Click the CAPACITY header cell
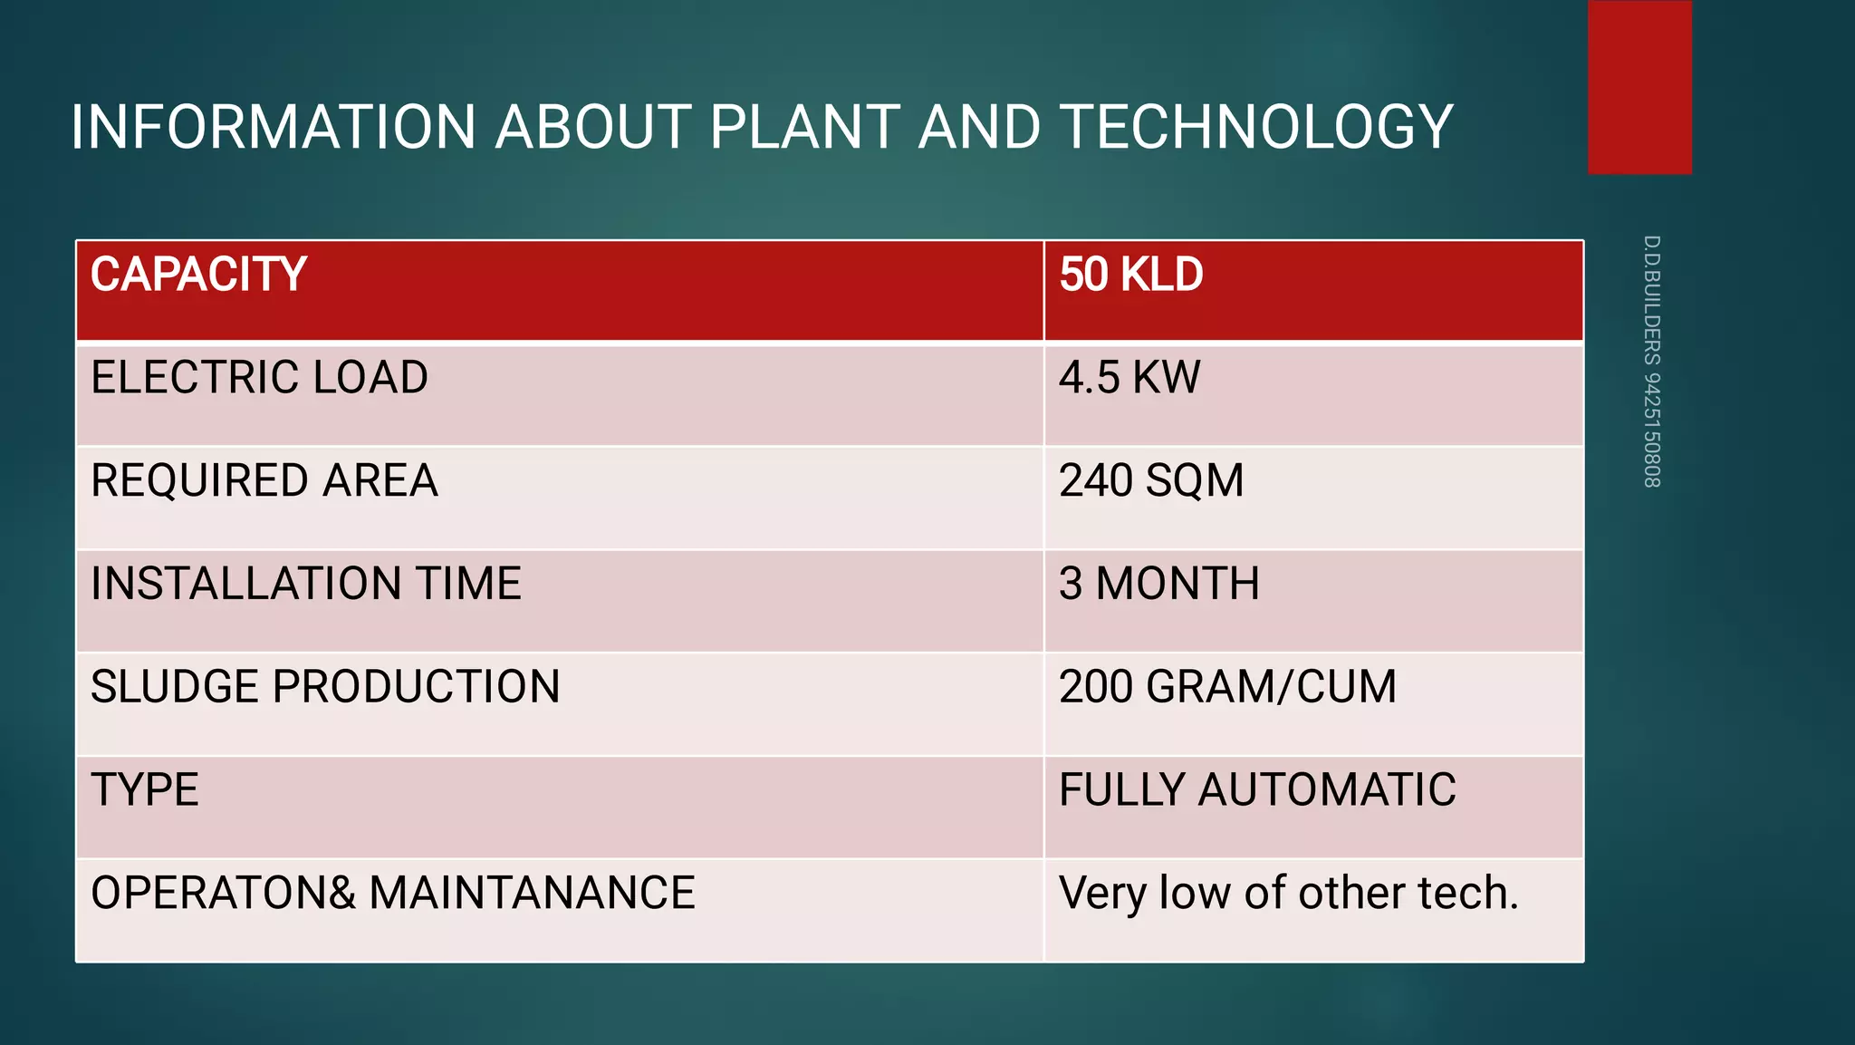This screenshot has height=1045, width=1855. (x=198, y=275)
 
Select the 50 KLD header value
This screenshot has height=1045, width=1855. (x=1130, y=275)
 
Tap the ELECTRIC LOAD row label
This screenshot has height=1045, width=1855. (x=259, y=378)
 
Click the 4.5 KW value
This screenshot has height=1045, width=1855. (x=1129, y=378)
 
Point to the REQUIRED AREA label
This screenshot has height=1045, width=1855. (x=264, y=480)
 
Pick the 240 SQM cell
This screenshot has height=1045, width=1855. (x=1151, y=480)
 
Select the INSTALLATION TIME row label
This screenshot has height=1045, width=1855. (x=306, y=584)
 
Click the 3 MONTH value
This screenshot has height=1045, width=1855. (x=1159, y=584)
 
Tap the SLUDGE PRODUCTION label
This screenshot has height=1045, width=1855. (x=325, y=687)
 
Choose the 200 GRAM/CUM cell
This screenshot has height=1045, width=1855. (x=1227, y=687)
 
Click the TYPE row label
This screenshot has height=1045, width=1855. (x=145, y=789)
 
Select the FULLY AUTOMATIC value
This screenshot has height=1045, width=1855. (x=1257, y=789)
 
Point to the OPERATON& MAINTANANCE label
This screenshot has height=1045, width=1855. (x=393, y=893)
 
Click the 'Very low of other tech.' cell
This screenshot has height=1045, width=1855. (x=1288, y=893)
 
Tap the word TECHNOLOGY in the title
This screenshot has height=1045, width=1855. (x=1256, y=127)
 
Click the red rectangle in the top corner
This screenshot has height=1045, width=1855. (x=1639, y=87)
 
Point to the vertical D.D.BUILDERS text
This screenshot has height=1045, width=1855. (x=1652, y=361)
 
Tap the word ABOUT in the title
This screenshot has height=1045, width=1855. (x=593, y=127)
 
